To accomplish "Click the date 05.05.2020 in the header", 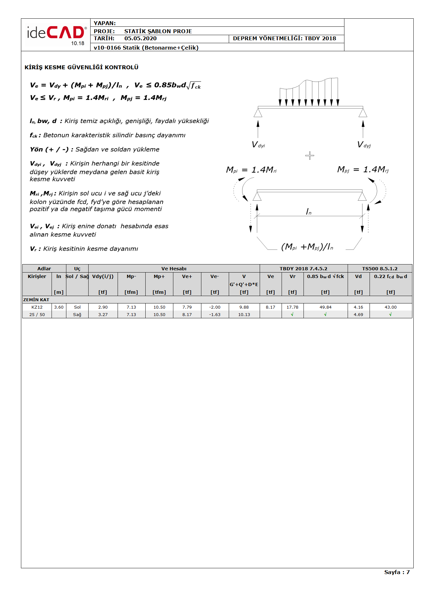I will pos(140,39).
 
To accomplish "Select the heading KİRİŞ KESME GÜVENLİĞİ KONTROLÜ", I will pos(82,67).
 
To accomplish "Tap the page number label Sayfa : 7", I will pos(397,572).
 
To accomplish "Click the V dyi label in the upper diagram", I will pos(258,145).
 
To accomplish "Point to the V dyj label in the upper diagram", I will pos(364,145).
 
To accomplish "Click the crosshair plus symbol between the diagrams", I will pos(310,156).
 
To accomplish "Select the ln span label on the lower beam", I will pos(308,212).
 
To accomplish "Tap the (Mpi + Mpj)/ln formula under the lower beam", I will pos(307,247).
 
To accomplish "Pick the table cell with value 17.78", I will pos(292,307).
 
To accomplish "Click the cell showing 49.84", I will pos(325,307).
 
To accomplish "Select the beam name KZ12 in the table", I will pos(37,307).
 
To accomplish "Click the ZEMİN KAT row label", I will pos(36,300).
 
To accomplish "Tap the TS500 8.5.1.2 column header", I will pos(380,269).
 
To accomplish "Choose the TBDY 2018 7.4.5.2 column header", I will pos(303,269).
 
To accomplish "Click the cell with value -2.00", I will pos(215,307).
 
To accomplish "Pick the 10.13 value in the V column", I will pos(244,315).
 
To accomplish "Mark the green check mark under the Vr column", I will pos(292,314).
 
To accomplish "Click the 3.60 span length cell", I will pos(59,307).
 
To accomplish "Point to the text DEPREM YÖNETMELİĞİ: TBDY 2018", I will pos(284,39).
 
